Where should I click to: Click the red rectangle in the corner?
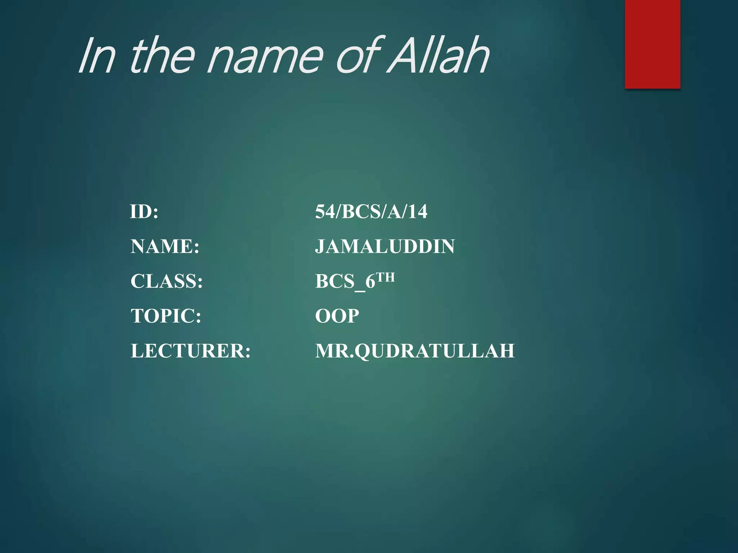pos(652,44)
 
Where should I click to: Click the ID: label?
pos(144,212)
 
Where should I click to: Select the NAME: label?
pos(165,247)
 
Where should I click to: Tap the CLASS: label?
pos(166,281)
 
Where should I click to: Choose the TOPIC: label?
pos(166,316)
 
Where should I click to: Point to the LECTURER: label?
pos(191,351)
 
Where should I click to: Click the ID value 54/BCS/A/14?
pos(371,212)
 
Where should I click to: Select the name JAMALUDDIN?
pos(385,247)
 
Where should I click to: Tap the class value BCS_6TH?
pos(355,281)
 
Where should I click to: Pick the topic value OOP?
pos(337,316)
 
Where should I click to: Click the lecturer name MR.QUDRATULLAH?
pos(415,351)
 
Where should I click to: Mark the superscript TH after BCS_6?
pos(386,277)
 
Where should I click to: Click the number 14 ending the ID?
pos(418,212)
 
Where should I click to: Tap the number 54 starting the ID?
pos(325,212)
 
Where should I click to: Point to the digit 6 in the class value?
pos(370,282)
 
